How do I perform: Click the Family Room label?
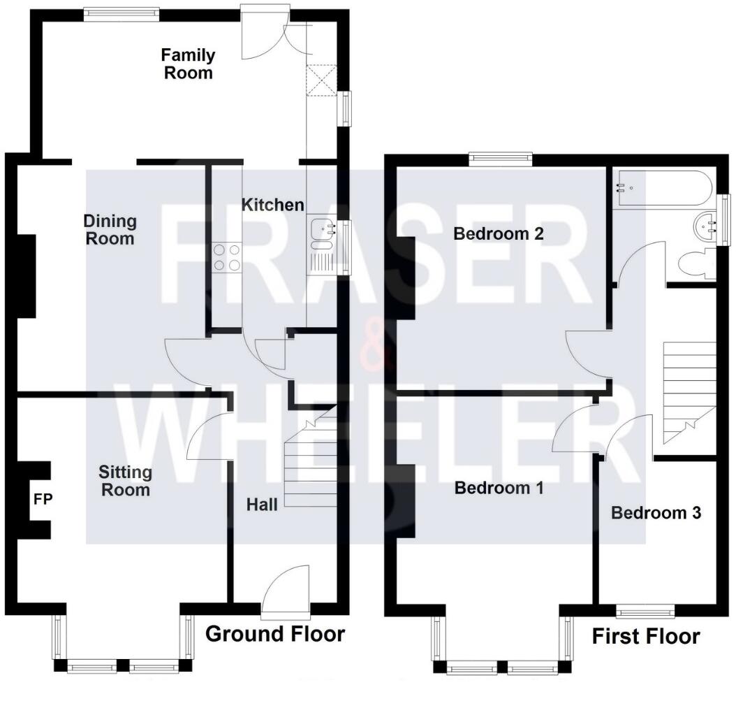pyautogui.click(x=188, y=64)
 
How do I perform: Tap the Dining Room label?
pyautogui.click(x=110, y=230)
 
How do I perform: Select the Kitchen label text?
pyautogui.click(x=272, y=205)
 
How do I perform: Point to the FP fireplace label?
pyautogui.click(x=43, y=500)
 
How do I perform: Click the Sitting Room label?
pyautogui.click(x=126, y=480)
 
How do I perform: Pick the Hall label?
pyautogui.click(x=262, y=504)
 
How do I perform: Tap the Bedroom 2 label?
pyautogui.click(x=499, y=233)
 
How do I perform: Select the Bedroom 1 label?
pyautogui.click(x=499, y=487)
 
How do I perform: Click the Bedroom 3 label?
pyautogui.click(x=656, y=513)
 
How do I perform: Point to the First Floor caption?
pyautogui.click(x=645, y=637)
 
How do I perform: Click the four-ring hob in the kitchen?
pyautogui.click(x=226, y=256)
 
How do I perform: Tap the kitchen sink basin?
pyautogui.click(x=323, y=227)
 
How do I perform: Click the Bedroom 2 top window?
pyautogui.click(x=500, y=159)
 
